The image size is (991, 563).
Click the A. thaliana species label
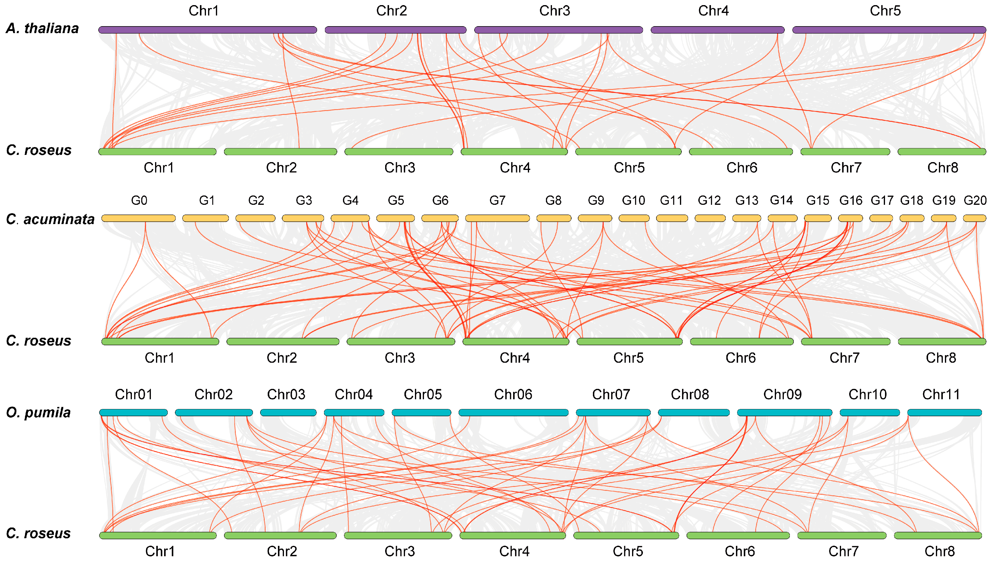pyautogui.click(x=42, y=29)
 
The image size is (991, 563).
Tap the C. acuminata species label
pyautogui.click(x=50, y=219)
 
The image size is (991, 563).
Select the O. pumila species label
pyautogui.click(x=38, y=413)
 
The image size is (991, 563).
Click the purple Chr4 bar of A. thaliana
pyautogui.click(x=717, y=30)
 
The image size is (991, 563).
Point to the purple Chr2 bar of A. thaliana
pyautogui.click(x=395, y=30)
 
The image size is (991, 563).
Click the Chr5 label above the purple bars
pyautogui.click(x=885, y=11)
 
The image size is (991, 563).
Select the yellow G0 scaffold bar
pyautogui.click(x=138, y=218)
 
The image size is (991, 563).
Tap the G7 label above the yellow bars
pyautogui.click(x=497, y=200)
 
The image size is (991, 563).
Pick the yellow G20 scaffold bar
pyautogui.click(x=974, y=218)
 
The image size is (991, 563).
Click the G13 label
pyautogui.click(x=746, y=200)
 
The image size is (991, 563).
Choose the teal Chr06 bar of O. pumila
pyautogui.click(x=513, y=413)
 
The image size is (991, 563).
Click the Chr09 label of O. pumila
pyautogui.click(x=782, y=394)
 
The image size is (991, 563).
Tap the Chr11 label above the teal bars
pyautogui.click(x=941, y=394)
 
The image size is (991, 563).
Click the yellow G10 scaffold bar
pyautogui.click(x=634, y=218)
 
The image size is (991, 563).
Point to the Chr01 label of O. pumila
pyautogui.click(x=134, y=394)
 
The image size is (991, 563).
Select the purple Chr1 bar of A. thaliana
pyautogui.click(x=207, y=30)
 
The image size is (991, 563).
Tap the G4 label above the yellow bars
pyautogui.click(x=350, y=200)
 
